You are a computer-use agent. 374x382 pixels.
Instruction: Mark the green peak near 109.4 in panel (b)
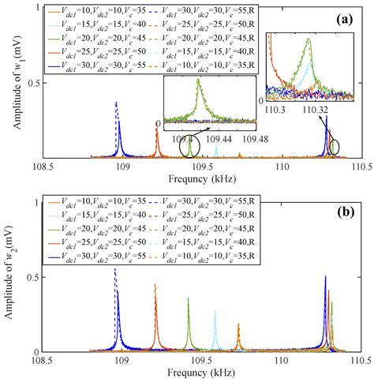point(189,300)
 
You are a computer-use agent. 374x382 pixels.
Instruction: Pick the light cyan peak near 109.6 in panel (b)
point(215,313)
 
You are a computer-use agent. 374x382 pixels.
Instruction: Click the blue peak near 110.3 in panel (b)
point(325,278)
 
